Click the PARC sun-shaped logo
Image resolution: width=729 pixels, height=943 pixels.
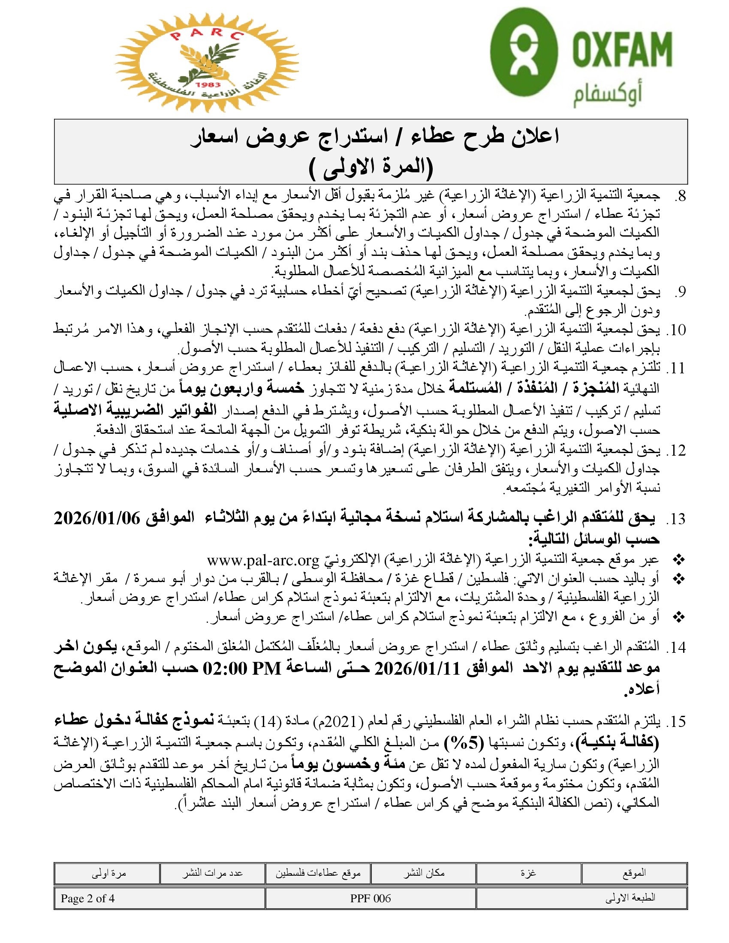(x=206, y=63)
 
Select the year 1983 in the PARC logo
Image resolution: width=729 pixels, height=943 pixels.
(x=208, y=84)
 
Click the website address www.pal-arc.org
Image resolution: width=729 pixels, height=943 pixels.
(x=262, y=561)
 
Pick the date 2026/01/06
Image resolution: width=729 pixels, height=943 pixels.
(x=97, y=518)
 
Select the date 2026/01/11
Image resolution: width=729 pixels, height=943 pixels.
(x=416, y=669)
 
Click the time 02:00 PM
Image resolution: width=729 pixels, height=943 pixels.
(x=243, y=669)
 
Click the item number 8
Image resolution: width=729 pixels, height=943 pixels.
(x=679, y=196)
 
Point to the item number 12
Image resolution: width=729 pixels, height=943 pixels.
(x=676, y=450)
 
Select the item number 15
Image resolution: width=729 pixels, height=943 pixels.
(x=676, y=721)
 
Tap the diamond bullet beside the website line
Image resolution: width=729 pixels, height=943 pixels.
(x=679, y=561)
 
